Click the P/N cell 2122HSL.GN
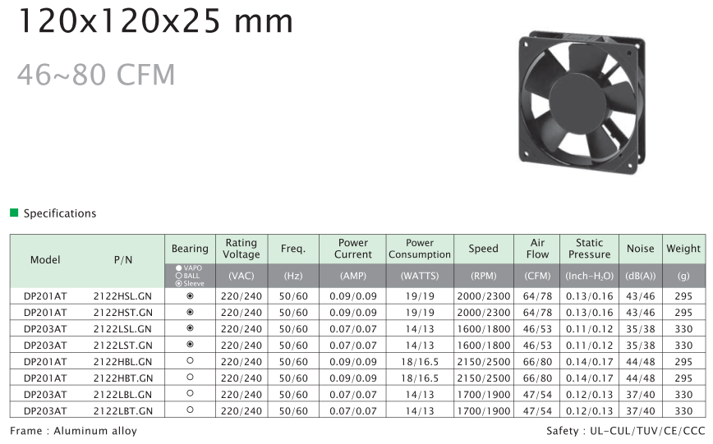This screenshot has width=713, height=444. (x=122, y=296)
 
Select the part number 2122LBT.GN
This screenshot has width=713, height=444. (x=122, y=411)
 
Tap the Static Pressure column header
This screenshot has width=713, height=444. (x=589, y=249)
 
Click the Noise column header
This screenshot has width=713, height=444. (x=640, y=249)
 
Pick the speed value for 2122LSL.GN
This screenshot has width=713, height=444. (x=483, y=329)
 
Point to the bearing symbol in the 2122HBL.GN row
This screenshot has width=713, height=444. (x=190, y=361)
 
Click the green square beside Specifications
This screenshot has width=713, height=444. (x=14, y=213)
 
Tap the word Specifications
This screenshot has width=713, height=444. (x=60, y=213)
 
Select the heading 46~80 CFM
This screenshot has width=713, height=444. (x=96, y=75)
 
